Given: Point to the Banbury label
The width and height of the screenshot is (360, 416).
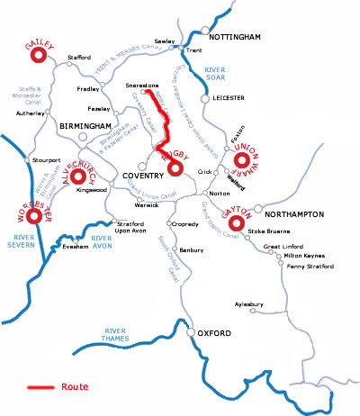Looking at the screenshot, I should [x=193, y=250].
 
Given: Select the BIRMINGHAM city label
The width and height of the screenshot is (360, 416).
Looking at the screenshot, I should [x=84, y=126].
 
